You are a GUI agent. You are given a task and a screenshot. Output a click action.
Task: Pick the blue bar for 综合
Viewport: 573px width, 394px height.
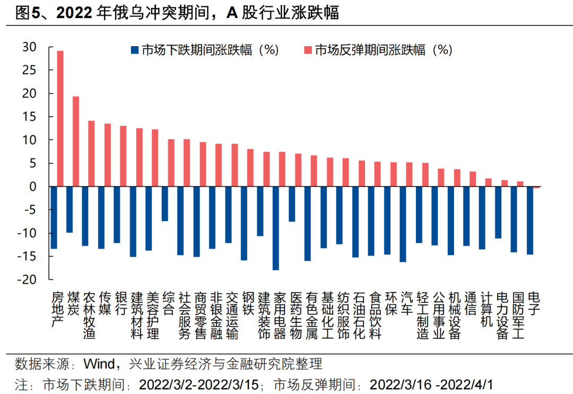pos(164,204)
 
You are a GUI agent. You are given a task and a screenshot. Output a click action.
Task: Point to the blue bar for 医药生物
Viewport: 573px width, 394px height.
pos(291,204)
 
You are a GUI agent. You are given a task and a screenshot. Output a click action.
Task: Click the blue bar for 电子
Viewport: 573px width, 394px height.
pos(529,220)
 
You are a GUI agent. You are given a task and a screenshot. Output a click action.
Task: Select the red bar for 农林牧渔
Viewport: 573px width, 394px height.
pos(91,153)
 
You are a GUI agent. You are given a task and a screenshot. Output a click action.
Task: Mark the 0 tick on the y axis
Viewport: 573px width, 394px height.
pos(33,187)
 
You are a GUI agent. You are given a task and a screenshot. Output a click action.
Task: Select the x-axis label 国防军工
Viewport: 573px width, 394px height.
pos(517,315)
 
